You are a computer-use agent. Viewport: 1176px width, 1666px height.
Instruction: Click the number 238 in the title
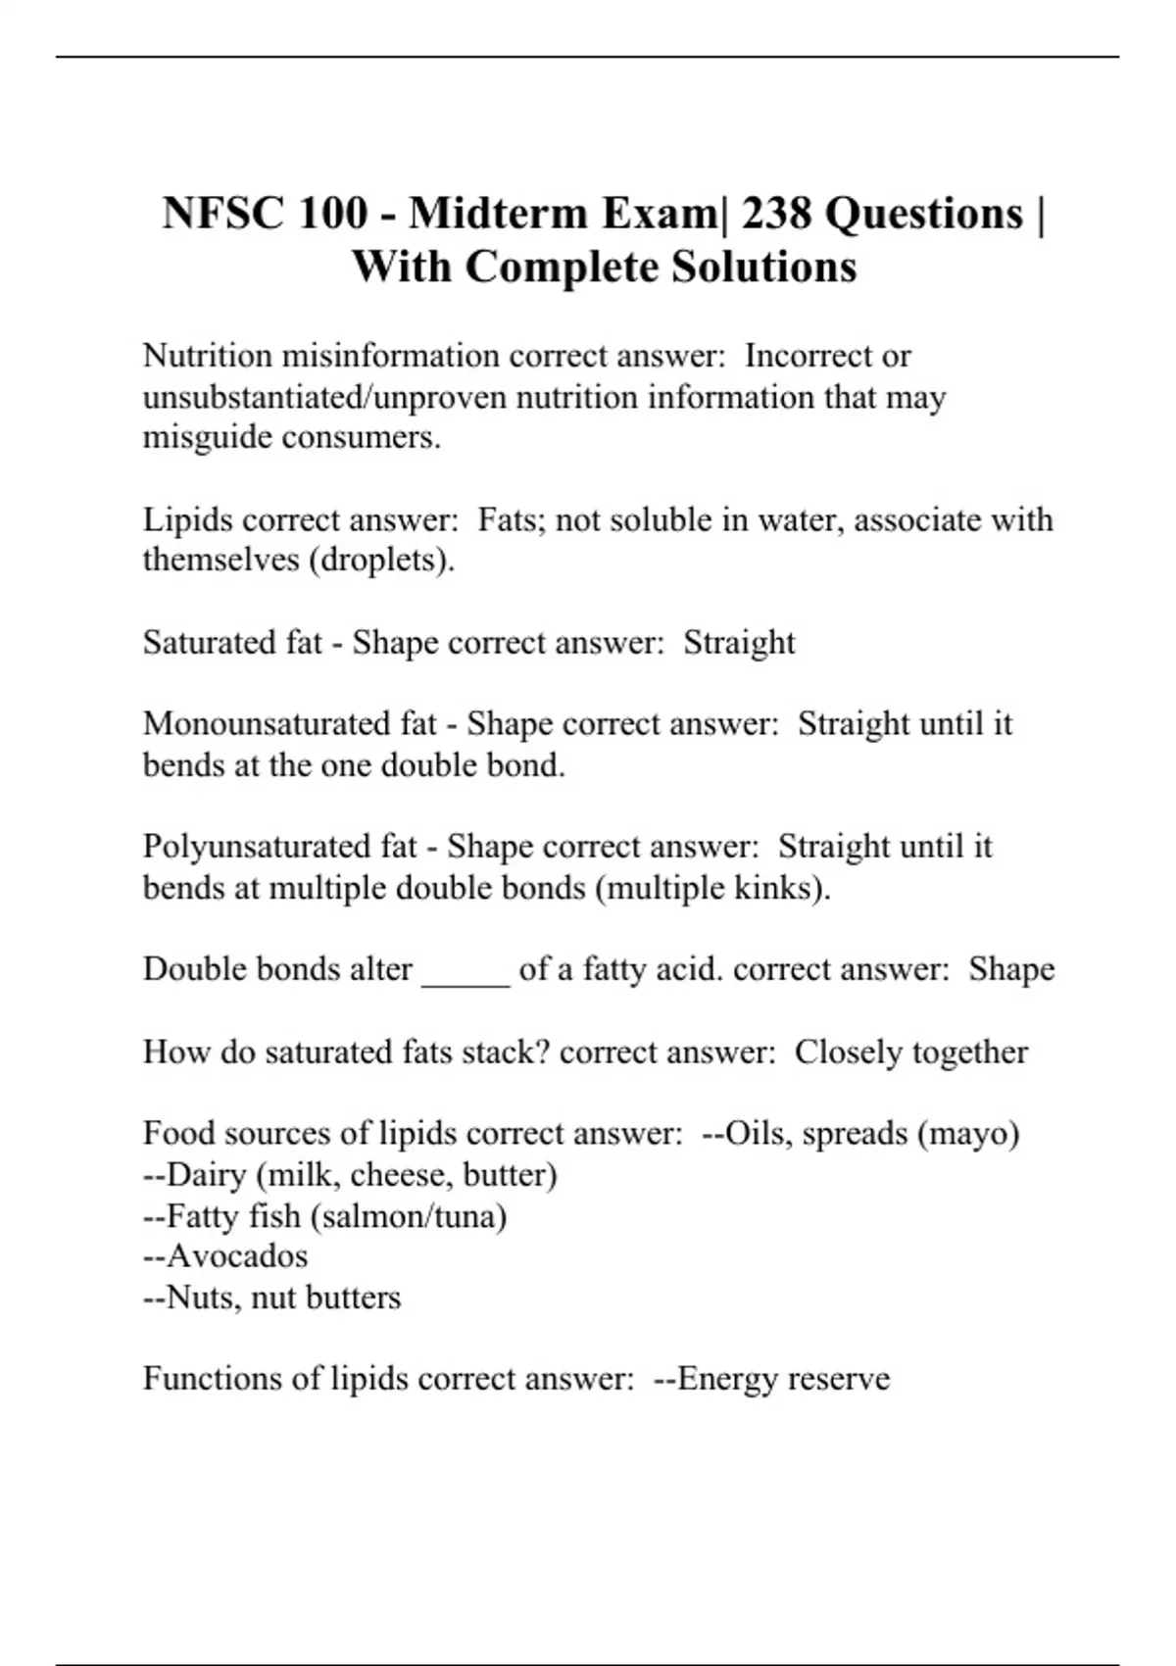pyautogui.click(x=777, y=213)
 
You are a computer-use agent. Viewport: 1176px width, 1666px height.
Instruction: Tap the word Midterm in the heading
pyautogui.click(x=499, y=213)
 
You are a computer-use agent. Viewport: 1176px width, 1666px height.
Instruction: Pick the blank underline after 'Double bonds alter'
pyautogui.click(x=465, y=970)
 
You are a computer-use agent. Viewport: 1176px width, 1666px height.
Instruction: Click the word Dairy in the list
pyautogui.click(x=207, y=1174)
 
